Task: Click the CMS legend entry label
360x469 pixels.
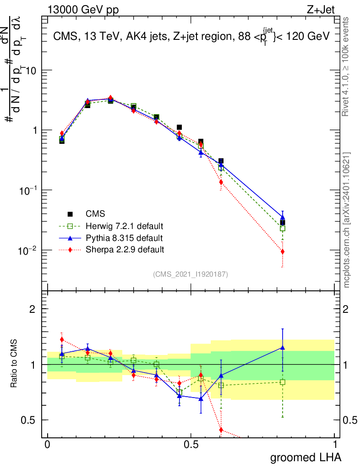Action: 95,214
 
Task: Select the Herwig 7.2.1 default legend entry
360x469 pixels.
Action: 124,226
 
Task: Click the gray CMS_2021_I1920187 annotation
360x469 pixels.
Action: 191,274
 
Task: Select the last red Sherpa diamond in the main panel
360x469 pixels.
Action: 283,251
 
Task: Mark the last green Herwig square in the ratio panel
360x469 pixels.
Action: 283,382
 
